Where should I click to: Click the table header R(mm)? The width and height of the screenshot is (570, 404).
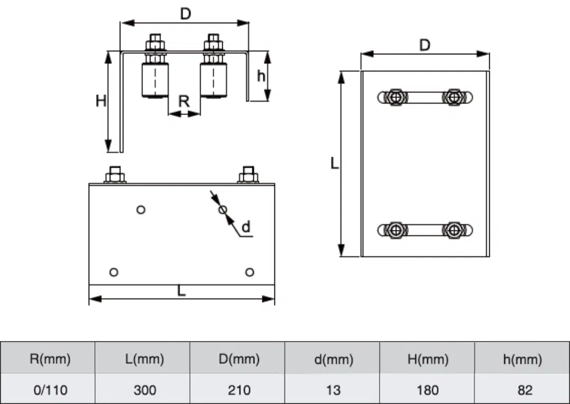[49, 359]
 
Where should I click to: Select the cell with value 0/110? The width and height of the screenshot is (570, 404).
[49, 390]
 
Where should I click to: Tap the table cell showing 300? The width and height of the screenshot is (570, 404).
[144, 390]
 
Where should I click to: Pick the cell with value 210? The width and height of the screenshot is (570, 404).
[239, 390]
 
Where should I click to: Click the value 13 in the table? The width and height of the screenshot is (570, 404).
[334, 390]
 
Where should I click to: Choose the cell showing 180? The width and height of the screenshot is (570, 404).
[427, 390]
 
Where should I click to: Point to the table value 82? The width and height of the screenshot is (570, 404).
[522, 390]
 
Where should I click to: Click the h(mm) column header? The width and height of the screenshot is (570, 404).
[522, 359]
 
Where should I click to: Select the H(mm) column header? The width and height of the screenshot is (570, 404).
[427, 359]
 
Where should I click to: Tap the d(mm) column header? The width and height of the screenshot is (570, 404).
[334, 359]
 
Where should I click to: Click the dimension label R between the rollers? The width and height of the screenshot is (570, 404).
[184, 101]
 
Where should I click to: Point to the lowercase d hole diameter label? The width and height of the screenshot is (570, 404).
[245, 227]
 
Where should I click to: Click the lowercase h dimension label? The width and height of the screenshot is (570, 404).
[261, 76]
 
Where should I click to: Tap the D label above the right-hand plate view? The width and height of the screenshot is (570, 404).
[425, 45]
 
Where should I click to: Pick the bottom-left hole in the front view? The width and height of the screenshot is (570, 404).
[113, 272]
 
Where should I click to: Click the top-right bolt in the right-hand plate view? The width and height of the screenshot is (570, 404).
[453, 98]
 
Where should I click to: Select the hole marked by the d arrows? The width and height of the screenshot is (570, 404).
[223, 210]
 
